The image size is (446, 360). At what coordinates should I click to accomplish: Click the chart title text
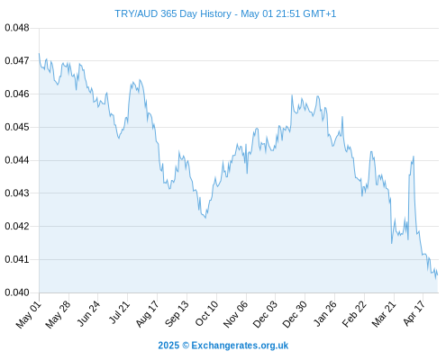pos(225,13)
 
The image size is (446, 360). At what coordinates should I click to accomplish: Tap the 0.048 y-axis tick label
pos(17,28)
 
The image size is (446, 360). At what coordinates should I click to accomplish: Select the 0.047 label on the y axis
pos(17,61)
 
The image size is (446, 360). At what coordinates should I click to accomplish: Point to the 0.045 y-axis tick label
pos(17,127)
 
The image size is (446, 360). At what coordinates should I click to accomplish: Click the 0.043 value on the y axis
pos(17,193)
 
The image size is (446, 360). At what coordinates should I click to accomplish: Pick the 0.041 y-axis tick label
pos(17,259)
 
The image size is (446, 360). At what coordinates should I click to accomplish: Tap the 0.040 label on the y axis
pos(17,292)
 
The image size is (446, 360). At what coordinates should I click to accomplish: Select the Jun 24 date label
pos(88,313)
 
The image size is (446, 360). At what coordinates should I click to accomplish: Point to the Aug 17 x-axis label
pos(147,313)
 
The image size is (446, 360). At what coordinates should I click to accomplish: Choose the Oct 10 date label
pos(206,313)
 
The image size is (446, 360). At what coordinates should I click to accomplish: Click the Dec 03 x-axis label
pos(265,314)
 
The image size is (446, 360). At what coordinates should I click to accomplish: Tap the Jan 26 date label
pos(324,313)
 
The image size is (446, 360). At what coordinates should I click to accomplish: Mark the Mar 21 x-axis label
pos(384,313)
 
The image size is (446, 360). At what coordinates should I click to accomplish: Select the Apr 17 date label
pos(414,313)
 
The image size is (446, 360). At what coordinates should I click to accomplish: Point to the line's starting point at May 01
pos(39,53)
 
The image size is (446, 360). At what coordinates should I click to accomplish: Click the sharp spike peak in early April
pos(414,157)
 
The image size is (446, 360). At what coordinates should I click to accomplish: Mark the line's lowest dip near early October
pos(205,218)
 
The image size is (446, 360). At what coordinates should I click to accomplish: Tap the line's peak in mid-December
pos(292,95)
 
